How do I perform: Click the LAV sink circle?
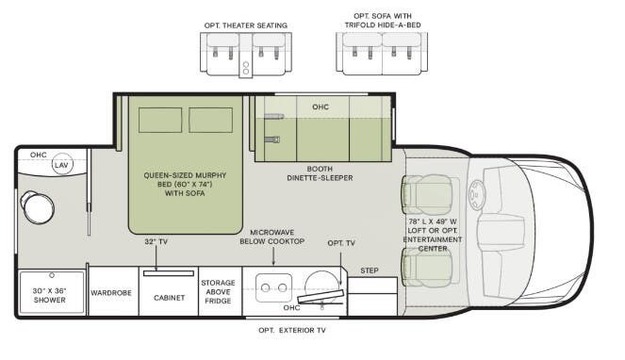pos(61,165)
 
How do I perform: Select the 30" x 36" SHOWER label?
pos(51,293)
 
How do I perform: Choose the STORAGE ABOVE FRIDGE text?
pos(218,292)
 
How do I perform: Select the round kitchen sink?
pos(323,281)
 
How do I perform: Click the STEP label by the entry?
pos(370,271)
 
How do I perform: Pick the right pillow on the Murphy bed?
pos(209,121)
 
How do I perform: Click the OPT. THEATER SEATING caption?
pos(245,25)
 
